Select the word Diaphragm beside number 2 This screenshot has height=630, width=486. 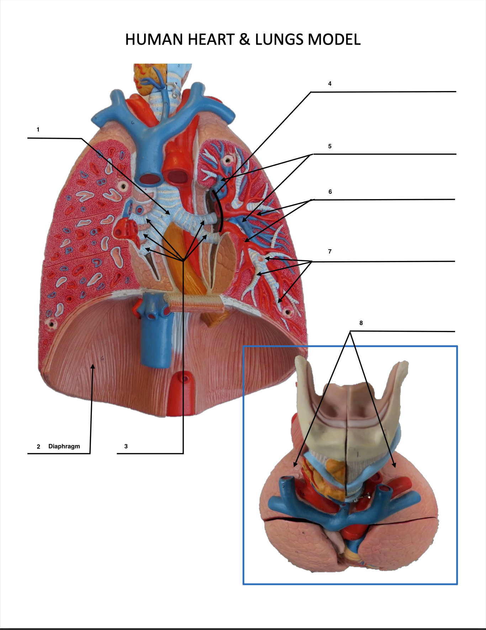click(64, 446)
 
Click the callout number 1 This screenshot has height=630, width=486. click(38, 129)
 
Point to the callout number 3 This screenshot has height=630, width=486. click(126, 446)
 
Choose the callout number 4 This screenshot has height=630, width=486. click(330, 84)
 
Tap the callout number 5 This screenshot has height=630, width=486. click(330, 146)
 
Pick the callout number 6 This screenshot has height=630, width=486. click(330, 192)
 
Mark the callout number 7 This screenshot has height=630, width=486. click(330, 251)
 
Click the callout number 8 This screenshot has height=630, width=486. click(361, 323)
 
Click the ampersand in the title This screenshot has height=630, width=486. click(244, 39)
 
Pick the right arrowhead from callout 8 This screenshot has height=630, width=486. click(394, 465)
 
